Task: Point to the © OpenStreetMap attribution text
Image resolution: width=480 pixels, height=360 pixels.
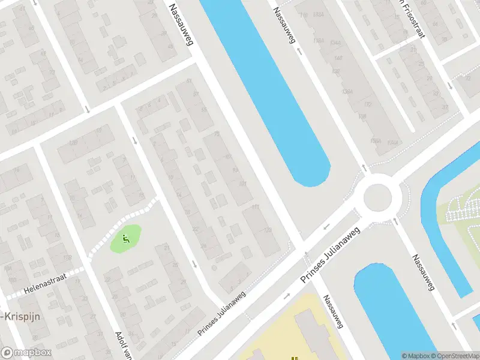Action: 455,356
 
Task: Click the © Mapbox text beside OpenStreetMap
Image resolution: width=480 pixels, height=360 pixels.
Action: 416,356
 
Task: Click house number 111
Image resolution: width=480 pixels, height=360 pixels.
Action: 256,207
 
